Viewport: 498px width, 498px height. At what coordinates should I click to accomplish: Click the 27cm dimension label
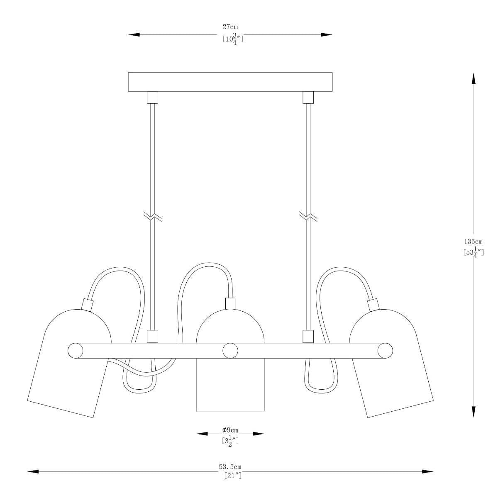tap(230, 27)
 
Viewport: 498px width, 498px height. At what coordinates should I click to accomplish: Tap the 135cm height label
tap(473, 241)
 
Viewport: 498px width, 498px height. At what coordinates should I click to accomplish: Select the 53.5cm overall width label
tap(230, 467)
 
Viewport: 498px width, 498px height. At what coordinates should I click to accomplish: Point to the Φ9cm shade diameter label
tap(230, 430)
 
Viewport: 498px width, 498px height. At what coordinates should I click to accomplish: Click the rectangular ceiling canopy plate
tap(230, 82)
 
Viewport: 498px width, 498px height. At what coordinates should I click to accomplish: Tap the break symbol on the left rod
tap(152, 216)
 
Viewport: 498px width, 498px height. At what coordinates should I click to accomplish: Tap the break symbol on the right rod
tap(308, 216)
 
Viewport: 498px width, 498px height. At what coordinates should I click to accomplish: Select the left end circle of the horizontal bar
tap(75, 351)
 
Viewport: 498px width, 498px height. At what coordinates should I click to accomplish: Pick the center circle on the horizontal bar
tap(230, 351)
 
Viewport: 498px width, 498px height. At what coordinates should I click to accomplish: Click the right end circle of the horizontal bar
tap(385, 351)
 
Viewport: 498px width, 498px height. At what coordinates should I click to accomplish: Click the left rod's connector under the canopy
tap(153, 98)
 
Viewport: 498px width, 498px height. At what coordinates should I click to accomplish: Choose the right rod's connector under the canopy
tap(308, 98)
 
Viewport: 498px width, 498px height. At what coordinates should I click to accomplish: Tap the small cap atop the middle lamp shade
tap(230, 303)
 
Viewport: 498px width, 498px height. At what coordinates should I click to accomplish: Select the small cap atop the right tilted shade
tap(373, 305)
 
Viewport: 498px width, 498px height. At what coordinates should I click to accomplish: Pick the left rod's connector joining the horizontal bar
tap(153, 336)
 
